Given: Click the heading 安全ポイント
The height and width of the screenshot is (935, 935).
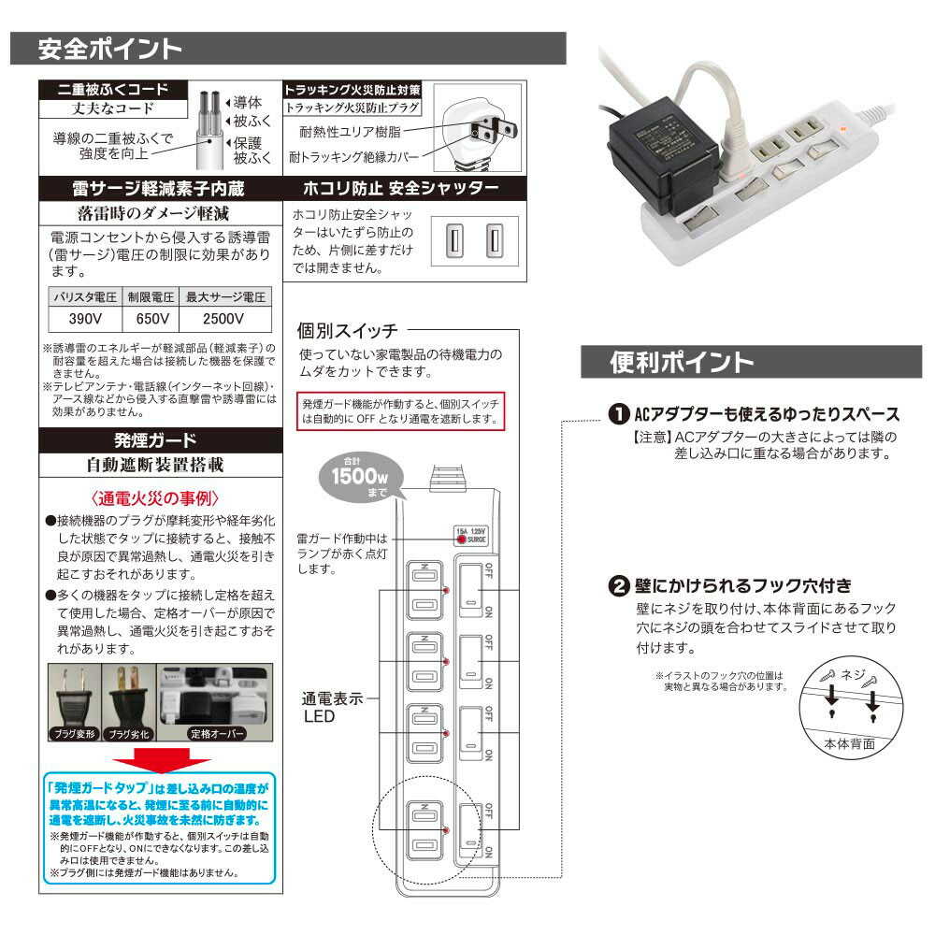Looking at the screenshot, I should (x=109, y=49).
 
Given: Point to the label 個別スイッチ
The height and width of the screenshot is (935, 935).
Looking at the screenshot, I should (x=347, y=330).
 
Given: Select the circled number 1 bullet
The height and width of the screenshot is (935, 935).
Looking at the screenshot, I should (x=618, y=414).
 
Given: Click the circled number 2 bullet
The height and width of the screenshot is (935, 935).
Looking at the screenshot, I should (x=618, y=587).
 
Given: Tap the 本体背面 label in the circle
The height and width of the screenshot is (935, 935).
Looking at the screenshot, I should (x=850, y=745).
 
